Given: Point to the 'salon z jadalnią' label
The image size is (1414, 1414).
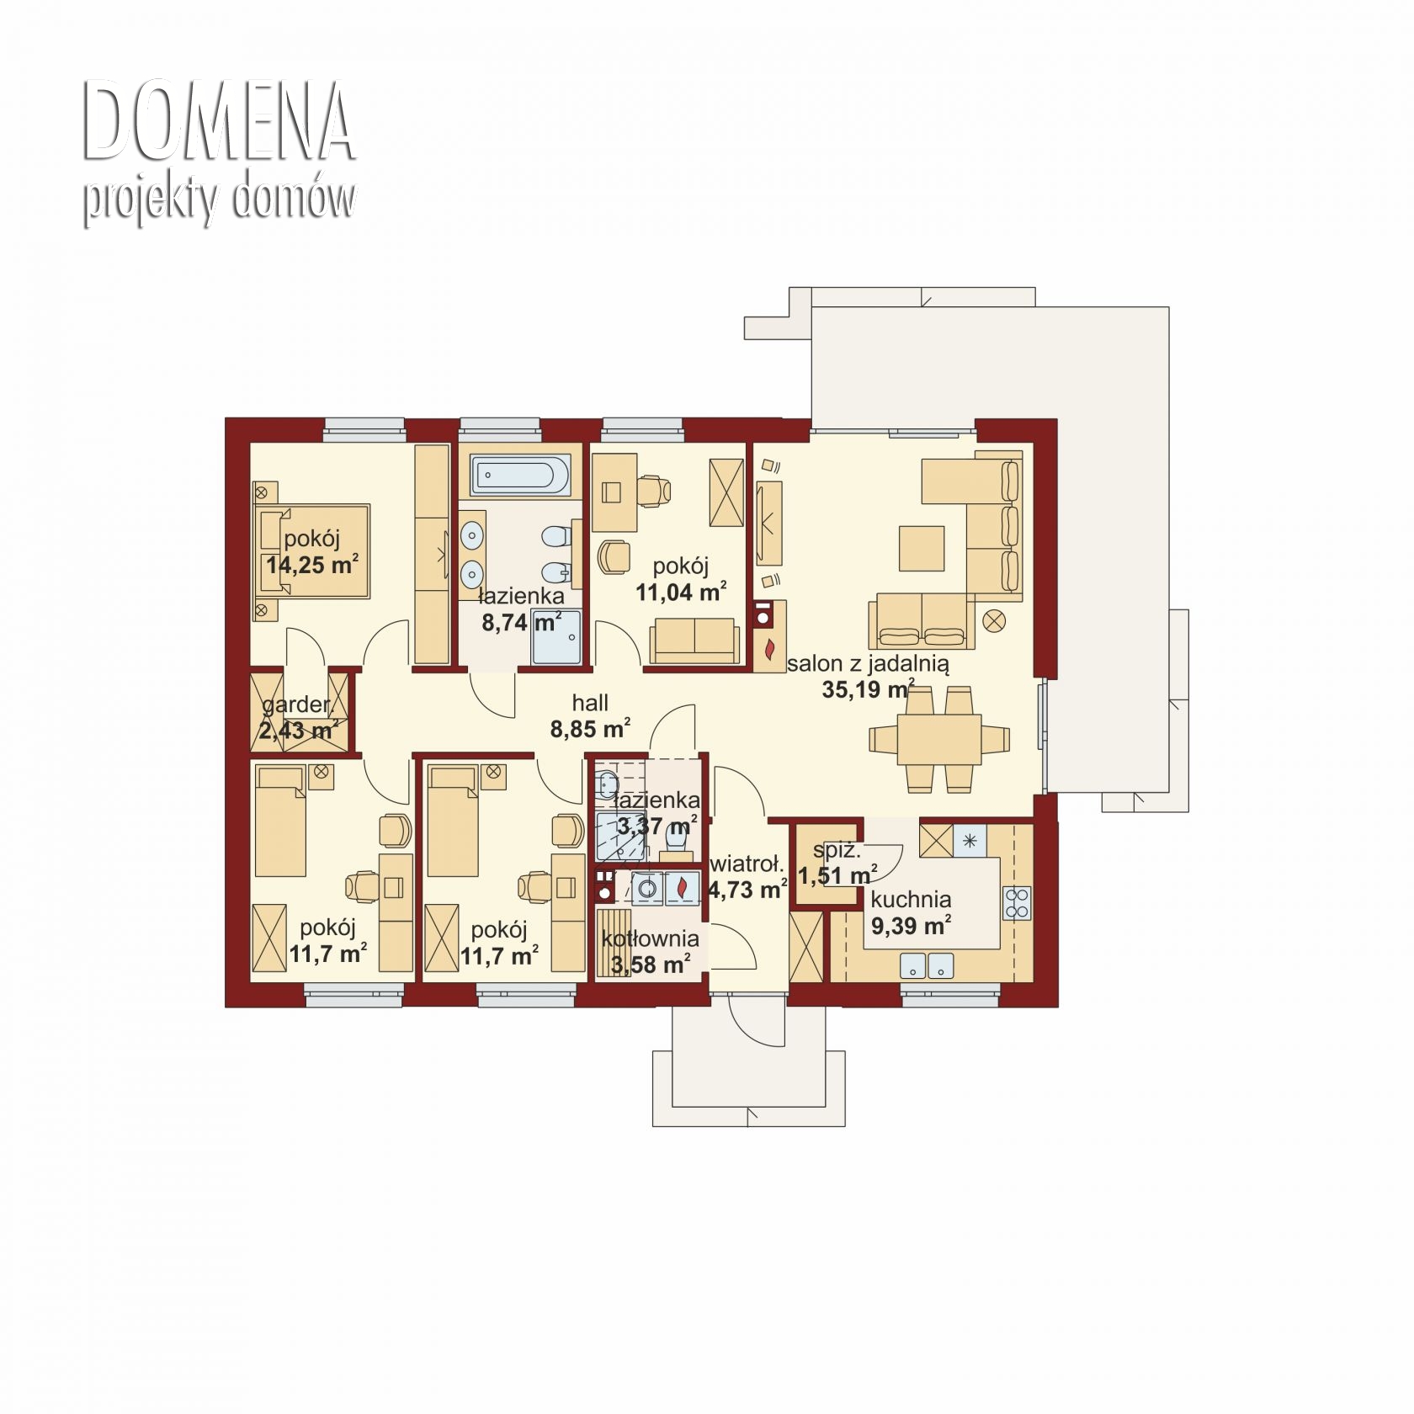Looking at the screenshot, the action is tap(868, 663).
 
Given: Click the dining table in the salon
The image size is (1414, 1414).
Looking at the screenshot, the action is tap(939, 738).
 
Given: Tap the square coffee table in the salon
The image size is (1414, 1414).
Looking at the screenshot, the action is tap(922, 548).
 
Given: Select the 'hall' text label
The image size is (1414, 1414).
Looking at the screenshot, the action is tap(590, 703).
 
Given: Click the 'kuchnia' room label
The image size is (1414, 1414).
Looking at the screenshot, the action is tap(911, 899).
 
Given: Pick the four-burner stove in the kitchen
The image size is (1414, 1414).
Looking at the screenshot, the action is tap(1017, 903).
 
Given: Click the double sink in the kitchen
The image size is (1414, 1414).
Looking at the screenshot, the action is tap(927, 965).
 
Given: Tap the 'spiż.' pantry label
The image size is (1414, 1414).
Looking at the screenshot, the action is tap(837, 851).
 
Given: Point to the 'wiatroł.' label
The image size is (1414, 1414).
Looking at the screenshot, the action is tap(747, 864).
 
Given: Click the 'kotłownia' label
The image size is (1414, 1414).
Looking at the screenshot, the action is tap(651, 938).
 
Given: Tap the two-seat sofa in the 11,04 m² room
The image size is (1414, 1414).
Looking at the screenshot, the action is tap(694, 641).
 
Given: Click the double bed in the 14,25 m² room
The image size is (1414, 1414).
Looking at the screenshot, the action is tap(311, 551).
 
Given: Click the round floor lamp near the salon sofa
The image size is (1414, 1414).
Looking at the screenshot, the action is tap(995, 621).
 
